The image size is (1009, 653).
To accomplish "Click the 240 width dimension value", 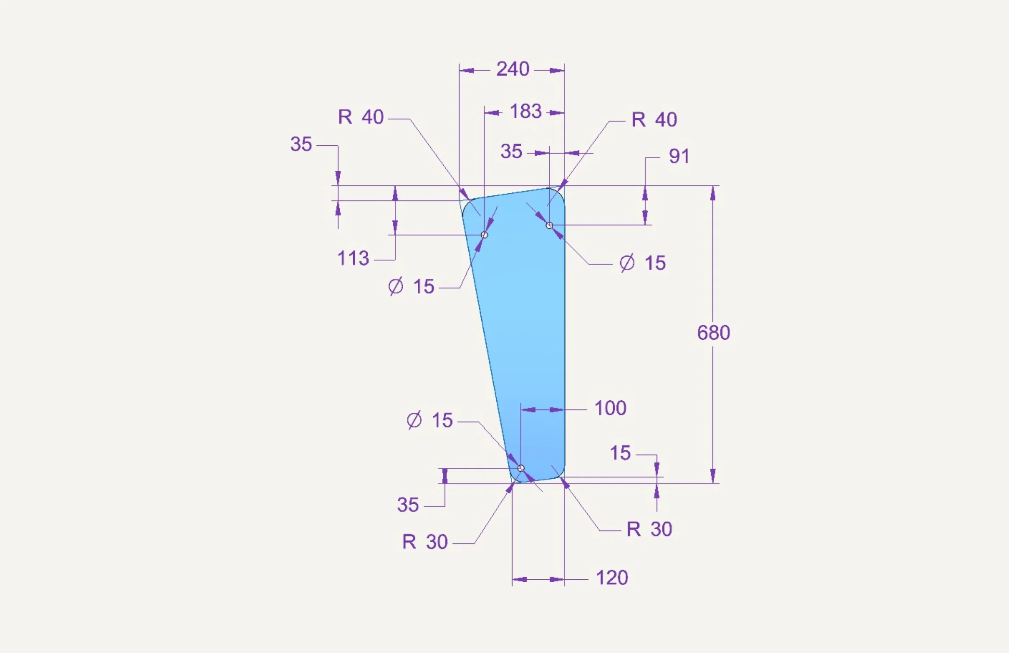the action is (513, 69).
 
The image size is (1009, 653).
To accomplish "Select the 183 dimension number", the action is (526, 111).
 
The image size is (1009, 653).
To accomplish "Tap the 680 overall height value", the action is (714, 333).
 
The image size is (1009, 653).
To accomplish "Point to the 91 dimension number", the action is (679, 156).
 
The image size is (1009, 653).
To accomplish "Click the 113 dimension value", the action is (353, 258).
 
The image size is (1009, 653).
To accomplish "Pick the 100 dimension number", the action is (610, 408).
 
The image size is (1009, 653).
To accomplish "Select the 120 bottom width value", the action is (612, 578).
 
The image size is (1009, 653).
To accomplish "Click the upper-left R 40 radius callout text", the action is (360, 117).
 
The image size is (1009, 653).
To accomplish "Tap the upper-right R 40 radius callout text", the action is (654, 119).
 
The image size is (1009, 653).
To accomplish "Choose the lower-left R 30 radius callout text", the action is (425, 542).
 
